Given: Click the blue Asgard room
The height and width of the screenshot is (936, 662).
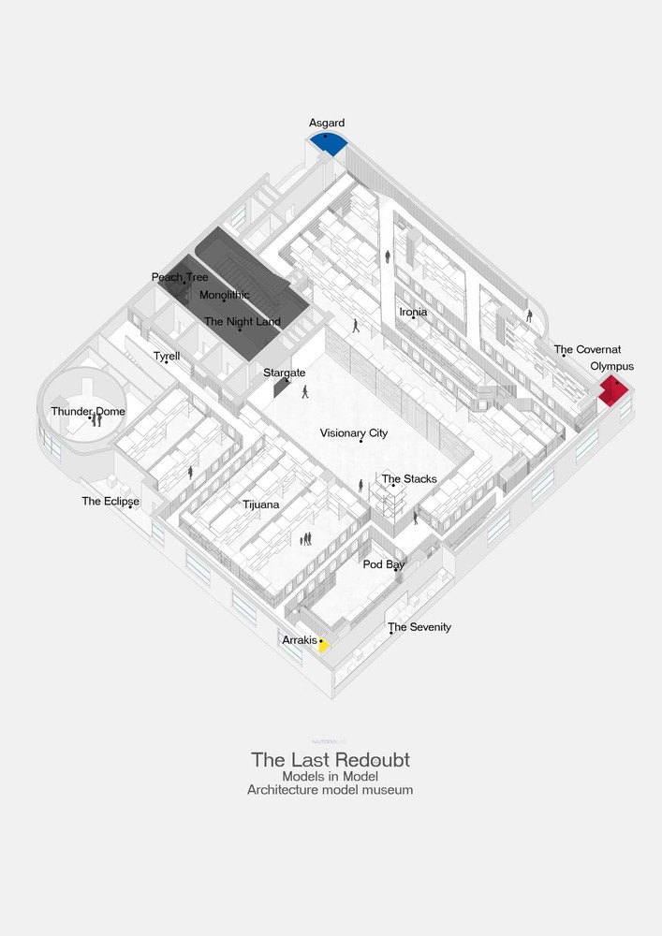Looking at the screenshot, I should [x=329, y=141].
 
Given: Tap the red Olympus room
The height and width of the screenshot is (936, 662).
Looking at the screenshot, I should [x=613, y=389].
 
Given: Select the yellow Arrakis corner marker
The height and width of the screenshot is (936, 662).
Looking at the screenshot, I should [x=323, y=645].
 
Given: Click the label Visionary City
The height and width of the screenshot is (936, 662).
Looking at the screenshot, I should [x=353, y=433].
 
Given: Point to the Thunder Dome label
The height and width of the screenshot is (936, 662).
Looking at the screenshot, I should [x=87, y=411].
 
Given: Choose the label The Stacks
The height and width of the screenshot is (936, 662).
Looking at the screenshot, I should [x=408, y=479].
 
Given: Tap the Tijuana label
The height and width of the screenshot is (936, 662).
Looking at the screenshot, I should [x=262, y=505].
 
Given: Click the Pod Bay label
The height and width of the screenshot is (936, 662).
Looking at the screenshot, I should [x=384, y=564].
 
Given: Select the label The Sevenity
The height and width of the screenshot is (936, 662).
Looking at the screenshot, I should [x=419, y=627].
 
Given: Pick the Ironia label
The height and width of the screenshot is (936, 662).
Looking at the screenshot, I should [x=413, y=312].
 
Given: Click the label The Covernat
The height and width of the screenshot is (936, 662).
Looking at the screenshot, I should [x=587, y=350].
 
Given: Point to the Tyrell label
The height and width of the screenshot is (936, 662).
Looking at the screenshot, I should [x=167, y=356].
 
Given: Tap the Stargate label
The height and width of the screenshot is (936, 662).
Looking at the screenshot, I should [x=284, y=373].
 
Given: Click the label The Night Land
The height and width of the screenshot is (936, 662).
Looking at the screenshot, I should [x=242, y=322].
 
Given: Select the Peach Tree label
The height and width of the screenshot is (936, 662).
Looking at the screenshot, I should [x=180, y=277].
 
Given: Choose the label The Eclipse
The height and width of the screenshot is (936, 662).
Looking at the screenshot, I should [x=110, y=502].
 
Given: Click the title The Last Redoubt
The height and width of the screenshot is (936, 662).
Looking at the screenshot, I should [x=330, y=759].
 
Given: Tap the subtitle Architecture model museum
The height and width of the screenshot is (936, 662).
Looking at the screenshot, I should [x=330, y=789].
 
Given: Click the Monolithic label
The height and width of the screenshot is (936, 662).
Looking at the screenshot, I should [x=225, y=295].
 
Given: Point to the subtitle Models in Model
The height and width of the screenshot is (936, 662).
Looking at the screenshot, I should [x=330, y=775].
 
